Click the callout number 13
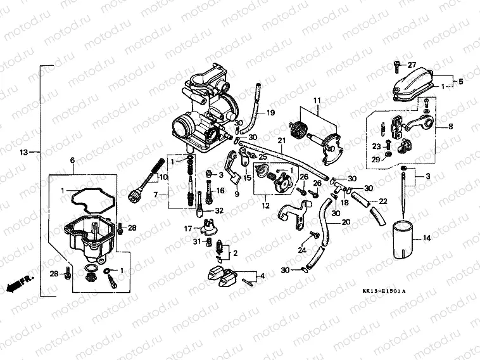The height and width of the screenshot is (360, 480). pos(24,152)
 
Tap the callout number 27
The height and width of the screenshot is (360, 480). pos(412,65)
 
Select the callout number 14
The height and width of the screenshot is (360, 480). pos(427,238)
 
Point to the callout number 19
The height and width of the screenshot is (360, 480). pos(270,113)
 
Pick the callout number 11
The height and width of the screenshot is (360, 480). pos(317,100)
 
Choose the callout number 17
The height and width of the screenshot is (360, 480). pos(187,228)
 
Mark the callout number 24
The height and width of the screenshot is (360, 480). pos(302,249)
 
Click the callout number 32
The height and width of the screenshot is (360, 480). pos(218,210)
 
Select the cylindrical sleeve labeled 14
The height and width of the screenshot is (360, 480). pos(400,238)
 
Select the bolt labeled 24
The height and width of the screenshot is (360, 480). pos(312,236)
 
